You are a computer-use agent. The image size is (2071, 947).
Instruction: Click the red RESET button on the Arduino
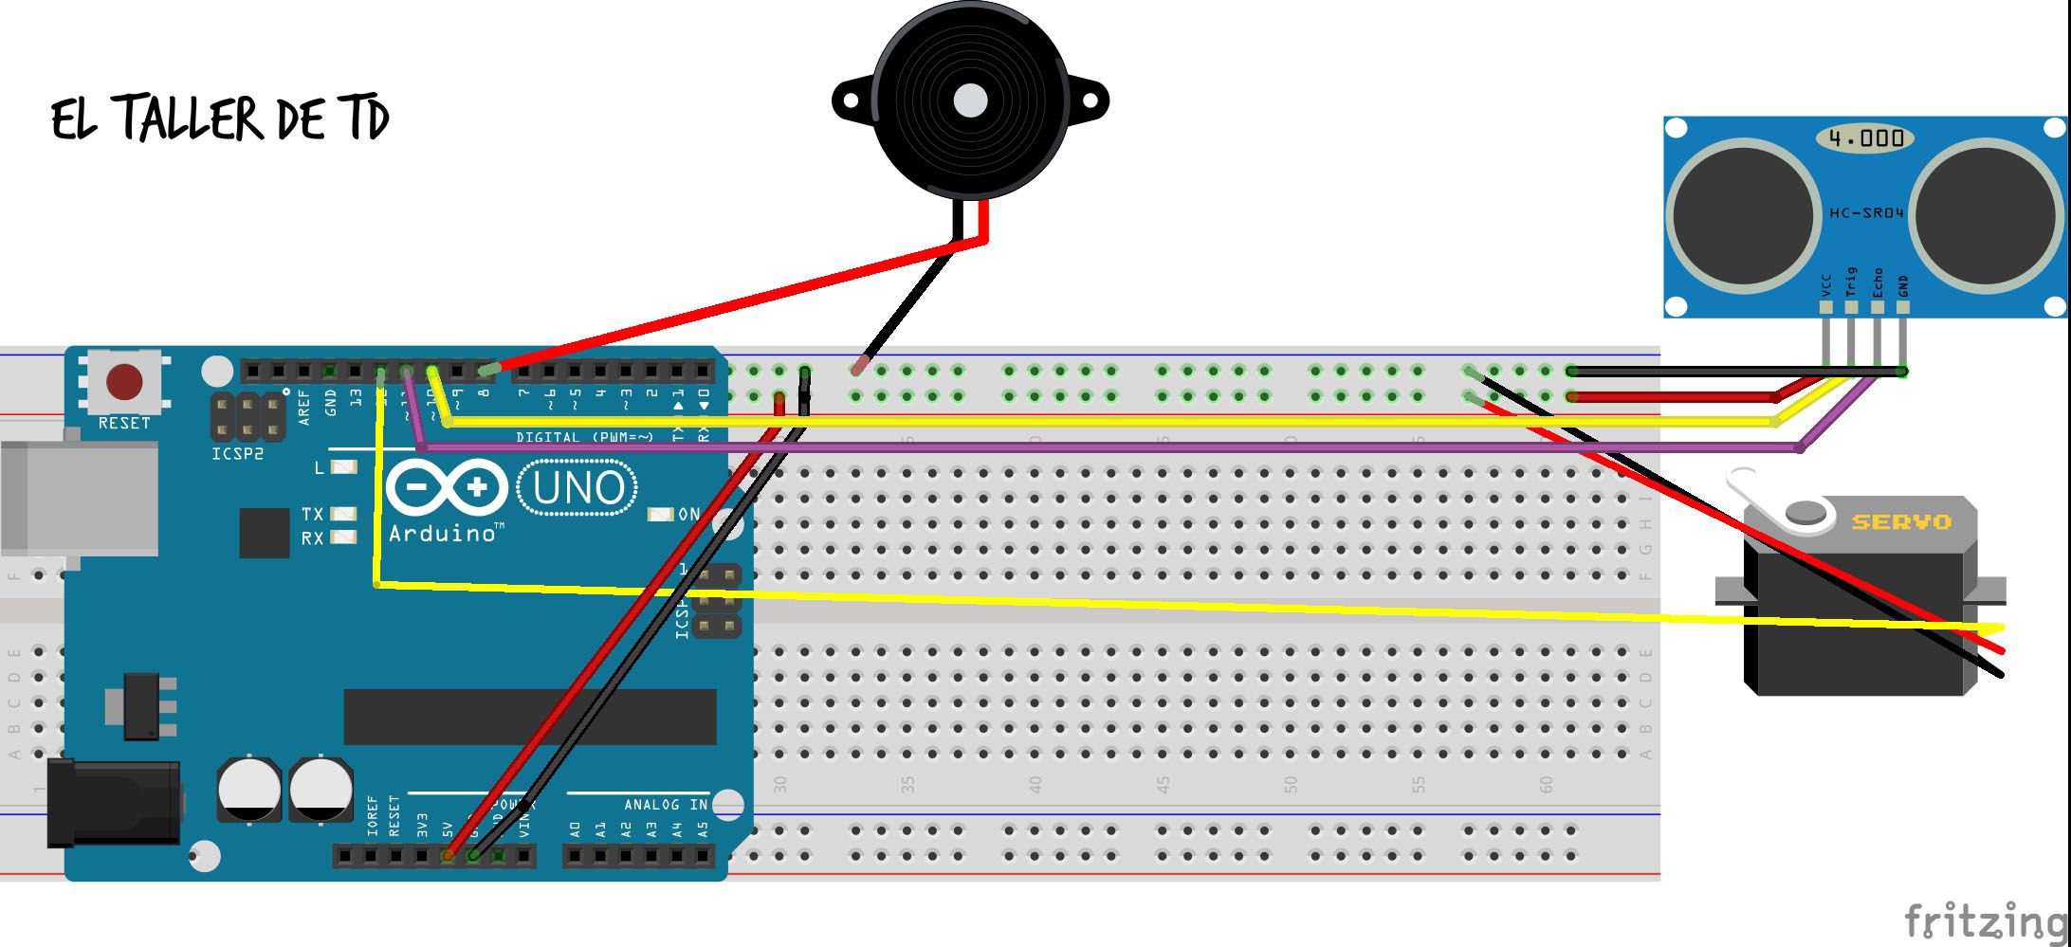coord(124,382)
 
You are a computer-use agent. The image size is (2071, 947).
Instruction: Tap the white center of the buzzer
coord(969,100)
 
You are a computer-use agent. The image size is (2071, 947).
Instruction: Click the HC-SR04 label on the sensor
coord(1865,213)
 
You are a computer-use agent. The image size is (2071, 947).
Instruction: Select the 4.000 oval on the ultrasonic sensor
coord(1865,138)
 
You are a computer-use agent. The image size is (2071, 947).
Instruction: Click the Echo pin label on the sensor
coord(1877,282)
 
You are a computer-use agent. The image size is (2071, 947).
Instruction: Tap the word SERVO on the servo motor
coord(1900,521)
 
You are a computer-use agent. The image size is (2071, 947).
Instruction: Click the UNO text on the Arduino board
coord(577,488)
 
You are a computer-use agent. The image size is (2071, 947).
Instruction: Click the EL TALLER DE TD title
coord(220,120)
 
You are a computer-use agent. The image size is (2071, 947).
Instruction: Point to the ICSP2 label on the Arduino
coord(237,454)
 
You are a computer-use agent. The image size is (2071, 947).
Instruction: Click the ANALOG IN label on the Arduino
coord(666,805)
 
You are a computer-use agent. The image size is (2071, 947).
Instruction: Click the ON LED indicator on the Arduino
coord(661,514)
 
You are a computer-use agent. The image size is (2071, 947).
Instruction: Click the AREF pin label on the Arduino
coord(304,406)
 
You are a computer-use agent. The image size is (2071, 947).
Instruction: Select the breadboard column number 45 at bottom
coord(1163,785)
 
